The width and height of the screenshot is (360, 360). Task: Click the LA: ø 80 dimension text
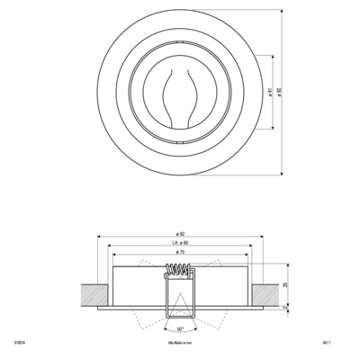coord(180,244)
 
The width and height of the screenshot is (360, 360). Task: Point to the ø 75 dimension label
coord(180,254)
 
